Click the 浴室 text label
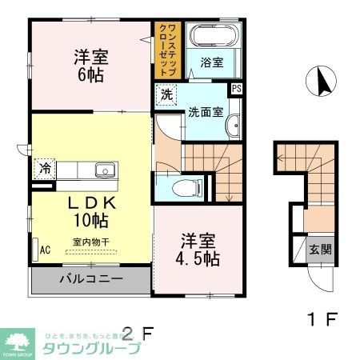pos(211,62)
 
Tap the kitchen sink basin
pos(104,170)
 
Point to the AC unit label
pos(45,250)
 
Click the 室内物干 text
pos(90,241)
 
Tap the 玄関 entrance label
pos(321,249)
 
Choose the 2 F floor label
pos(136,331)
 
